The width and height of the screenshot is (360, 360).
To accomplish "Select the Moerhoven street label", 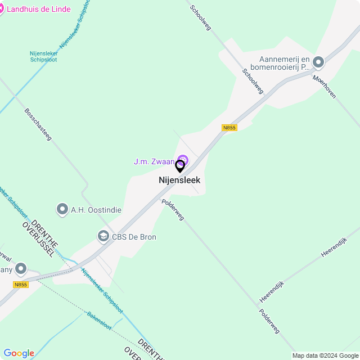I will click(325, 87).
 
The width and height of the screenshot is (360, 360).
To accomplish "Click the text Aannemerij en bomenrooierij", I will click(284, 63).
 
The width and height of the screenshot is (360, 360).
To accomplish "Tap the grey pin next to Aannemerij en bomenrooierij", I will click(318, 62).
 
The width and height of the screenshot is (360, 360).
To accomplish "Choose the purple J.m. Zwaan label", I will click(154, 161).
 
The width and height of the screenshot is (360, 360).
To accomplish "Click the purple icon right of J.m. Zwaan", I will click(183, 160).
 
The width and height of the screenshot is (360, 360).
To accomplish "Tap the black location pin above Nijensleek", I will click(180, 166).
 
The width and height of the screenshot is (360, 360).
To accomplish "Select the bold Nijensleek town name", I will click(179, 181).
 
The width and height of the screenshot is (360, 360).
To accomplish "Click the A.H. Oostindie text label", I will click(96, 210).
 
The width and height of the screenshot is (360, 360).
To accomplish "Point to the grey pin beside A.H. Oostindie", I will click(62, 210).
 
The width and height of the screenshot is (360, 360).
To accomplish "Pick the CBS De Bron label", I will click(134, 237).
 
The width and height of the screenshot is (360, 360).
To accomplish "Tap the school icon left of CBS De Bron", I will click(103, 237).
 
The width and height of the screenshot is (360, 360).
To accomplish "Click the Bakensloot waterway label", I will click(100, 321).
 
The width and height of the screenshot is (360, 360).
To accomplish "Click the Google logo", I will click(19, 353).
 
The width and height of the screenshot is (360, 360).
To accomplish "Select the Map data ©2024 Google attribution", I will click(326, 355).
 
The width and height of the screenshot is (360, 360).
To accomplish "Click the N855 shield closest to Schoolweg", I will click(229, 128).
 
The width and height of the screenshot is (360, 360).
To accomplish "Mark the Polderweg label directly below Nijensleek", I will click(172, 209).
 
